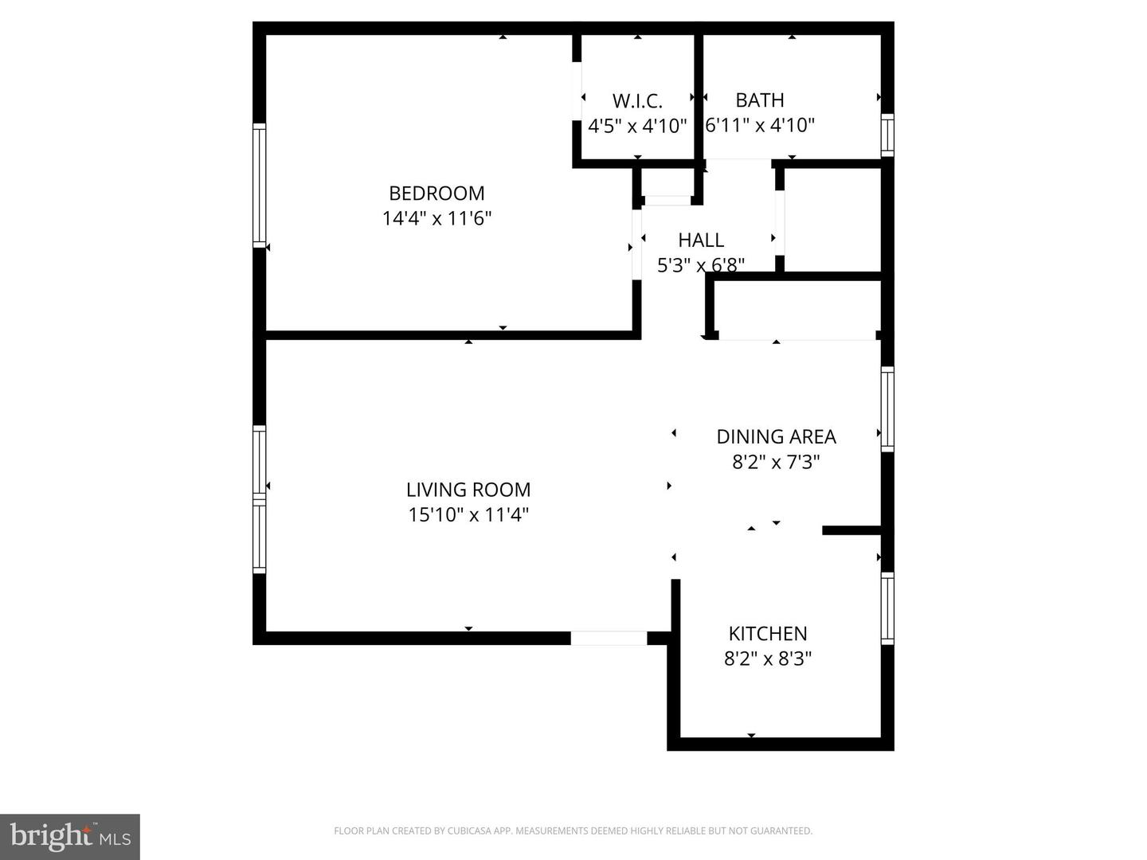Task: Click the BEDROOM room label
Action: (x=436, y=193)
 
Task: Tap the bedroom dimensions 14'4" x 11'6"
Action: (x=436, y=218)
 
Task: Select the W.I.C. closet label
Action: (x=637, y=101)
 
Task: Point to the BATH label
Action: (x=759, y=100)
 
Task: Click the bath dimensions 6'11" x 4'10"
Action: (x=760, y=125)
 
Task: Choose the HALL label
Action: (x=701, y=240)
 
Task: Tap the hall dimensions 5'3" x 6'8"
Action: (x=701, y=264)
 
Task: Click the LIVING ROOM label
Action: (x=468, y=490)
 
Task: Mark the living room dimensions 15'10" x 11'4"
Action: (x=468, y=514)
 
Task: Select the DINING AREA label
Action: (x=776, y=436)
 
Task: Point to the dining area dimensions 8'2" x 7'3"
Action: (x=776, y=462)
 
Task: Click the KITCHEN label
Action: (x=768, y=634)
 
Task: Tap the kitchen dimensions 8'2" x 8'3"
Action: (x=768, y=659)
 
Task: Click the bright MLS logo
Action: (x=70, y=836)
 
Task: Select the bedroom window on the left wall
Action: (x=259, y=185)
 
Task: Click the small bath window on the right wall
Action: (x=887, y=135)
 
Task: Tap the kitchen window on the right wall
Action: (x=887, y=608)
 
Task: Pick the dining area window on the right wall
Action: (x=887, y=408)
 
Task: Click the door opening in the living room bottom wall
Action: (x=609, y=638)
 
